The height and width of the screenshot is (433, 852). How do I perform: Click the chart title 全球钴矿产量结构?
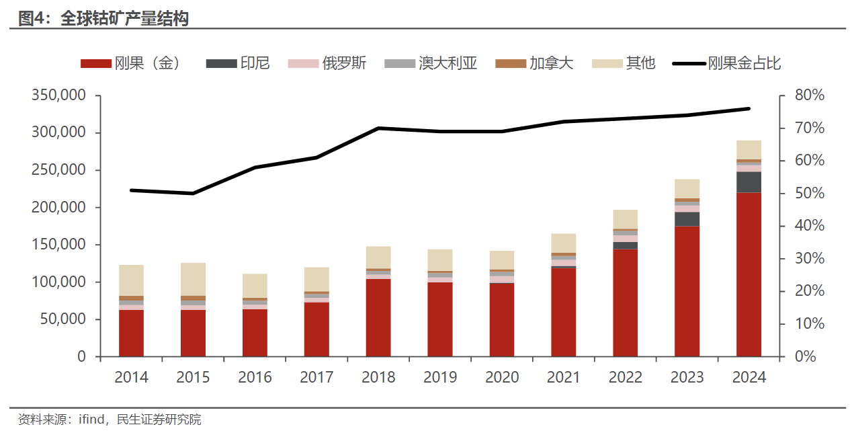(x=124, y=18)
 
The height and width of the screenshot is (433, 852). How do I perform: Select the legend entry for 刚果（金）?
(x=130, y=64)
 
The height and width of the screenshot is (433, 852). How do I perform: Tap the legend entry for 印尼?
(x=238, y=64)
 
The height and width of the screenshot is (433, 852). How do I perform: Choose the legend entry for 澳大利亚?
(x=431, y=64)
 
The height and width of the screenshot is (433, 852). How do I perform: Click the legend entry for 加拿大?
(x=535, y=64)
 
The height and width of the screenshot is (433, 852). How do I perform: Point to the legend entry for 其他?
(x=624, y=64)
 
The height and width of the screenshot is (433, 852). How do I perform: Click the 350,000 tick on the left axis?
(x=58, y=95)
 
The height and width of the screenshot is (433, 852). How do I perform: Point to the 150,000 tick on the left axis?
(x=58, y=245)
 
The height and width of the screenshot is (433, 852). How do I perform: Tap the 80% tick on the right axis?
(x=808, y=95)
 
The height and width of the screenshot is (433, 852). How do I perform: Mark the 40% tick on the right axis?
(x=808, y=226)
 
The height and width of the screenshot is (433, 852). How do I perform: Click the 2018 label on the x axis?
(x=378, y=377)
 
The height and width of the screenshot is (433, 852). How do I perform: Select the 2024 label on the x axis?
(x=749, y=377)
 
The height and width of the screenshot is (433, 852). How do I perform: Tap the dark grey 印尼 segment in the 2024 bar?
(x=749, y=182)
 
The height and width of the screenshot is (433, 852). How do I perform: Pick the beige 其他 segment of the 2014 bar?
(x=131, y=280)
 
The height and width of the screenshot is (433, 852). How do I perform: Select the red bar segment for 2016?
(x=255, y=333)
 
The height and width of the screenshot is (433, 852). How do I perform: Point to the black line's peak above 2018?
(x=378, y=128)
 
